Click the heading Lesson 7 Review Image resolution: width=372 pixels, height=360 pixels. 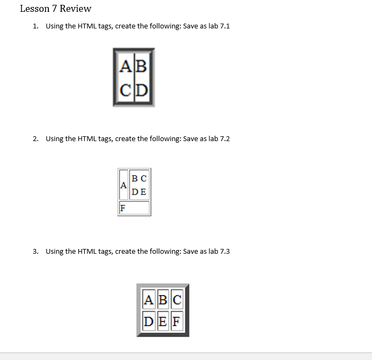[x=55, y=9]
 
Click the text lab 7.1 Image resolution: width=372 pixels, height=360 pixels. [x=218, y=26]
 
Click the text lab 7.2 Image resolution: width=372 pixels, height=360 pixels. [x=218, y=138]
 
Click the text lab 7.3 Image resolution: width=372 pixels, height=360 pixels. [x=218, y=251]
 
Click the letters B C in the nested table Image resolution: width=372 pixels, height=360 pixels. [x=139, y=178]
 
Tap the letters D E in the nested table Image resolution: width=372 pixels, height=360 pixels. [x=139, y=192]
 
